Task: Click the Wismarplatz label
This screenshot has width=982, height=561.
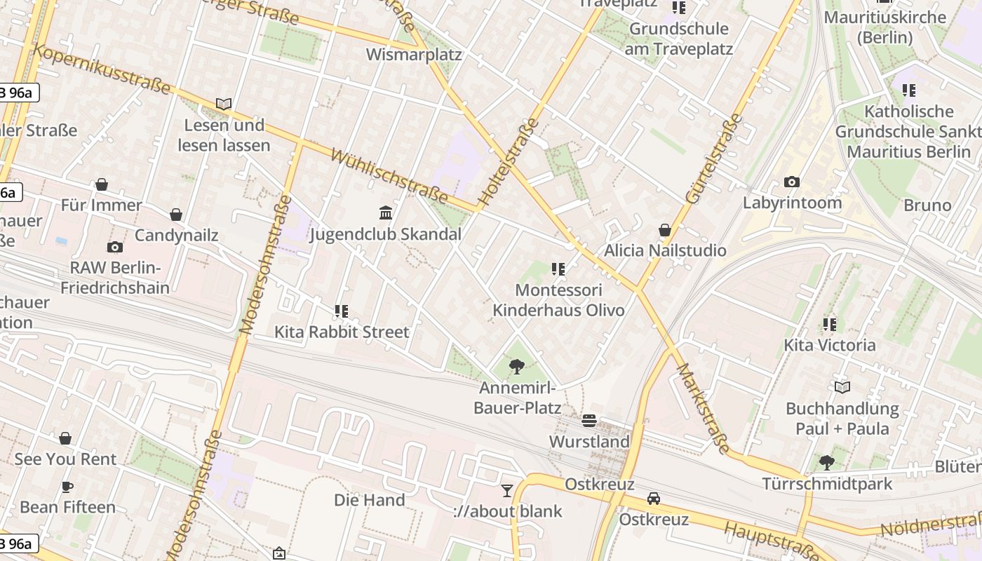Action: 414,55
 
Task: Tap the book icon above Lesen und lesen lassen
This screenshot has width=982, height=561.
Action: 224,104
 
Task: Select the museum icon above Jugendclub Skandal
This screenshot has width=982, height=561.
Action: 386,212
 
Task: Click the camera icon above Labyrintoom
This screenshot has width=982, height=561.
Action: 792,182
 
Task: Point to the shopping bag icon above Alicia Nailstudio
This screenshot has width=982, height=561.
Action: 665,230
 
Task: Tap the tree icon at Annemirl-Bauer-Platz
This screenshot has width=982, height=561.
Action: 517,365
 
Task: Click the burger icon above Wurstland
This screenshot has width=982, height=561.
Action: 589,421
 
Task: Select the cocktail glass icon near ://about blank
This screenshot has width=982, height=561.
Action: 507,490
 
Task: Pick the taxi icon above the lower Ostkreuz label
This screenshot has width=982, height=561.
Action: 654,498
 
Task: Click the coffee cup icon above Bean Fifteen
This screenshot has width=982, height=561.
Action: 67,487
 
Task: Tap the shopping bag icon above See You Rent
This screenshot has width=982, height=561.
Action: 65,438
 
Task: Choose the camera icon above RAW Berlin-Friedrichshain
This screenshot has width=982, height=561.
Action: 115,247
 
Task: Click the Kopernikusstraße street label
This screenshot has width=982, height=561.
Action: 102,69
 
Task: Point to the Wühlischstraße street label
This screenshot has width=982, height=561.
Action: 389,175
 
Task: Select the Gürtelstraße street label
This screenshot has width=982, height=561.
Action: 714,159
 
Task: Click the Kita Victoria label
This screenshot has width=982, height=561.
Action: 830,345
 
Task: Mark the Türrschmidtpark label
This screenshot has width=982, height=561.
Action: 828,484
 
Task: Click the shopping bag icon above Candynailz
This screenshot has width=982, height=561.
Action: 176,215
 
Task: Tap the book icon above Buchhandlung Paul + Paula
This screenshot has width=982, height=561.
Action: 842,387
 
